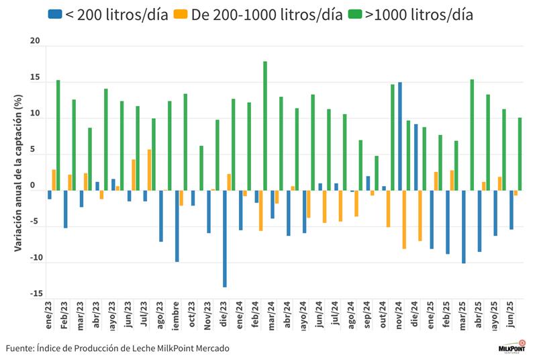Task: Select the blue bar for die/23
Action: coord(225,238)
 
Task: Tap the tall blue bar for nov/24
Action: coord(400,136)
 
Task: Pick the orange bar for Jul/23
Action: coord(149,170)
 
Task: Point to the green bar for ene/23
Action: coord(58,135)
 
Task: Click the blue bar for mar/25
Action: coord(463,226)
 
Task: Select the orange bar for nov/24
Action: coord(405,220)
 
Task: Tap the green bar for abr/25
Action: coord(472,134)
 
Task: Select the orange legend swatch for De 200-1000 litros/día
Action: coord(181,14)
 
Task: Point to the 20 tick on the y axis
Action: coord(35,42)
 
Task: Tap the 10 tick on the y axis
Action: coord(35,118)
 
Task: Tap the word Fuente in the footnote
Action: coord(21,348)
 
